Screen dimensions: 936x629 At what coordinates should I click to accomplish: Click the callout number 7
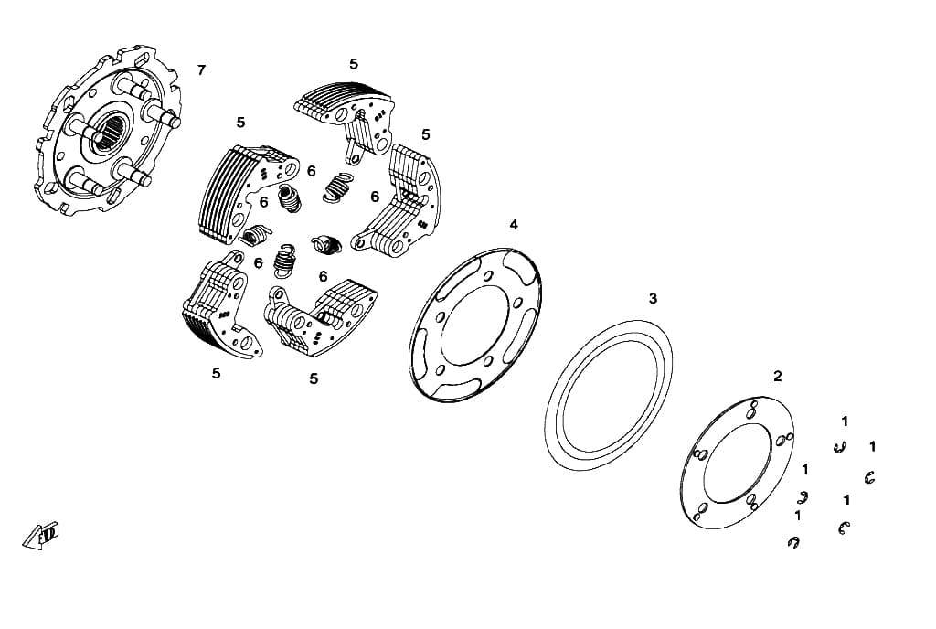(x=201, y=70)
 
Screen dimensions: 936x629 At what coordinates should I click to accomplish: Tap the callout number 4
(x=514, y=225)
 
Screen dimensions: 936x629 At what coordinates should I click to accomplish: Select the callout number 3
(x=653, y=298)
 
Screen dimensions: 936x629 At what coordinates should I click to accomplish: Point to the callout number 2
(x=777, y=377)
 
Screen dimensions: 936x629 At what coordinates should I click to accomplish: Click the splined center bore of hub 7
(x=113, y=134)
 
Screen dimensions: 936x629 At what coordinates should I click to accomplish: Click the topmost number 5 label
(x=354, y=64)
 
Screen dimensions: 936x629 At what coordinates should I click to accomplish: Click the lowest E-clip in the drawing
(x=793, y=542)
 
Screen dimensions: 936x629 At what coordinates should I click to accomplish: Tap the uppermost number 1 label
(x=845, y=421)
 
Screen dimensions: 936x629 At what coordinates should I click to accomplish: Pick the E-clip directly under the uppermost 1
(x=841, y=447)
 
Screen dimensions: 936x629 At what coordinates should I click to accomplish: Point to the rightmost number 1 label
(x=873, y=446)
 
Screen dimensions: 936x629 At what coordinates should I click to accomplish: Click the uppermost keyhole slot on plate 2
(x=753, y=409)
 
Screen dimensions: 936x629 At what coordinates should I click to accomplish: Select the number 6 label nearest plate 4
(x=375, y=197)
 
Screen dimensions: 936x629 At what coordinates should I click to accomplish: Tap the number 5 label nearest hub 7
(x=240, y=123)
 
